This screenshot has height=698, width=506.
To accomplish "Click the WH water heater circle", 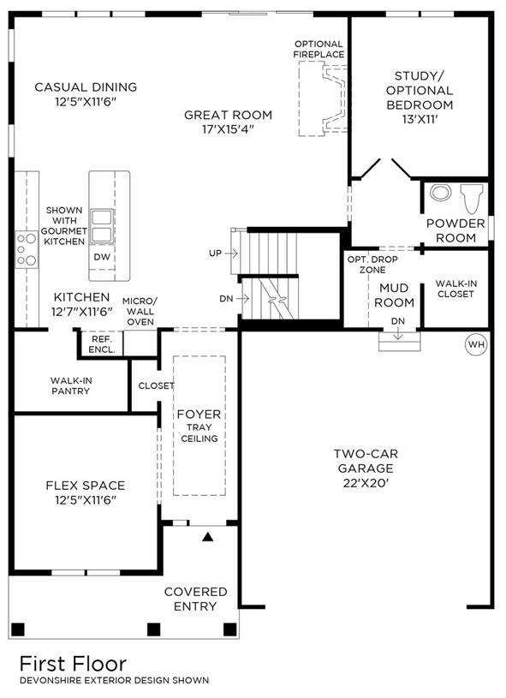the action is pos(476,344).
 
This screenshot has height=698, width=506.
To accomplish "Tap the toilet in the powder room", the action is pos(472,199).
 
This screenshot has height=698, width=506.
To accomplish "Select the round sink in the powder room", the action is pos(441,193).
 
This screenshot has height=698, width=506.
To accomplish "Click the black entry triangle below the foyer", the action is pos(207,537).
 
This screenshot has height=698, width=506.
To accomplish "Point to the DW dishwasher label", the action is pos(102,257).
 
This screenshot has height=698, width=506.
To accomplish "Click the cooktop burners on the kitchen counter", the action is pos(27,249).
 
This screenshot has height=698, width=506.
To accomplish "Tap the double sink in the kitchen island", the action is pos(102,226).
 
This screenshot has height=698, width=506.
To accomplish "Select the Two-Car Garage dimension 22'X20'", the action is pos(366,483).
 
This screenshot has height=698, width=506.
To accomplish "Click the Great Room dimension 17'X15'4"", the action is pos(228,129).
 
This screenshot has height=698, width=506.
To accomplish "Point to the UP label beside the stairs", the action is pos(215,254).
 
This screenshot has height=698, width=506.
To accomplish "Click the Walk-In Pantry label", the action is pos(71,385).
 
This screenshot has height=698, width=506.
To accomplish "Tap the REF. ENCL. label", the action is pos(102,344).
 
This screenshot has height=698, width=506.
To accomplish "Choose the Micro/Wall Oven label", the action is pos(140,311).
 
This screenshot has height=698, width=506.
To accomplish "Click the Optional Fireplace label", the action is pos(318,49).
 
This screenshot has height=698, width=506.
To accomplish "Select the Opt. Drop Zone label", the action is pos(372,265).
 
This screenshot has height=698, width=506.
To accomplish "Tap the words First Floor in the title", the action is pos(74,664).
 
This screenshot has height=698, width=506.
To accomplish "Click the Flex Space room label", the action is pos(86,486).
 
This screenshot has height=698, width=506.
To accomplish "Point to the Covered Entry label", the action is pos(196,599).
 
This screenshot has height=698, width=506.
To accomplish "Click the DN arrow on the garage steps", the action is pos(398,334).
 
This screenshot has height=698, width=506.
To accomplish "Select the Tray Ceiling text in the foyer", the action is pos(199,433).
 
